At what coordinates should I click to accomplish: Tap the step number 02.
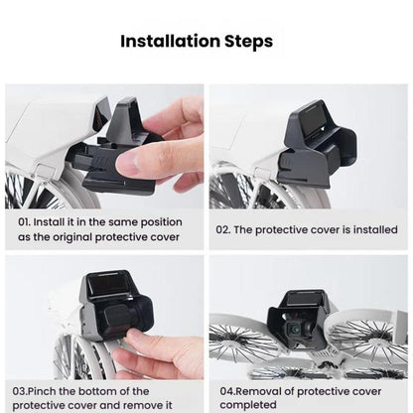pos(224,228)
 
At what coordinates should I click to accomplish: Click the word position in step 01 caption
pos(171,221)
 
